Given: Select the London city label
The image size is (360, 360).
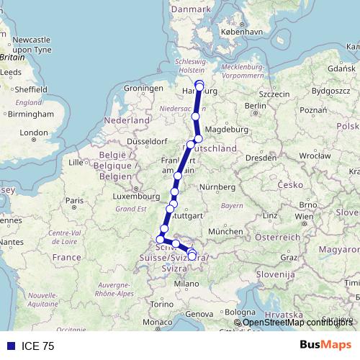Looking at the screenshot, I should pyautogui.click(x=34, y=132).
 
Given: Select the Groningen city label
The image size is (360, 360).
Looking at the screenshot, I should pyautogui.click(x=140, y=88).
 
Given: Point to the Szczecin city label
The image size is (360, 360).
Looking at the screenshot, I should pyautogui.click(x=274, y=94).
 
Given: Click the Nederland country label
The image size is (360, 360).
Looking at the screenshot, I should pyautogui.click(x=126, y=120).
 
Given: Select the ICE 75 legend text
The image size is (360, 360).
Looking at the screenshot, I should pyautogui.click(x=38, y=346).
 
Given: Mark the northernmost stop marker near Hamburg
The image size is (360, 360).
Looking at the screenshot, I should pyautogui.click(x=199, y=84).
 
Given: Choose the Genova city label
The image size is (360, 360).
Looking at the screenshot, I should pyautogui.click(x=200, y=314).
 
